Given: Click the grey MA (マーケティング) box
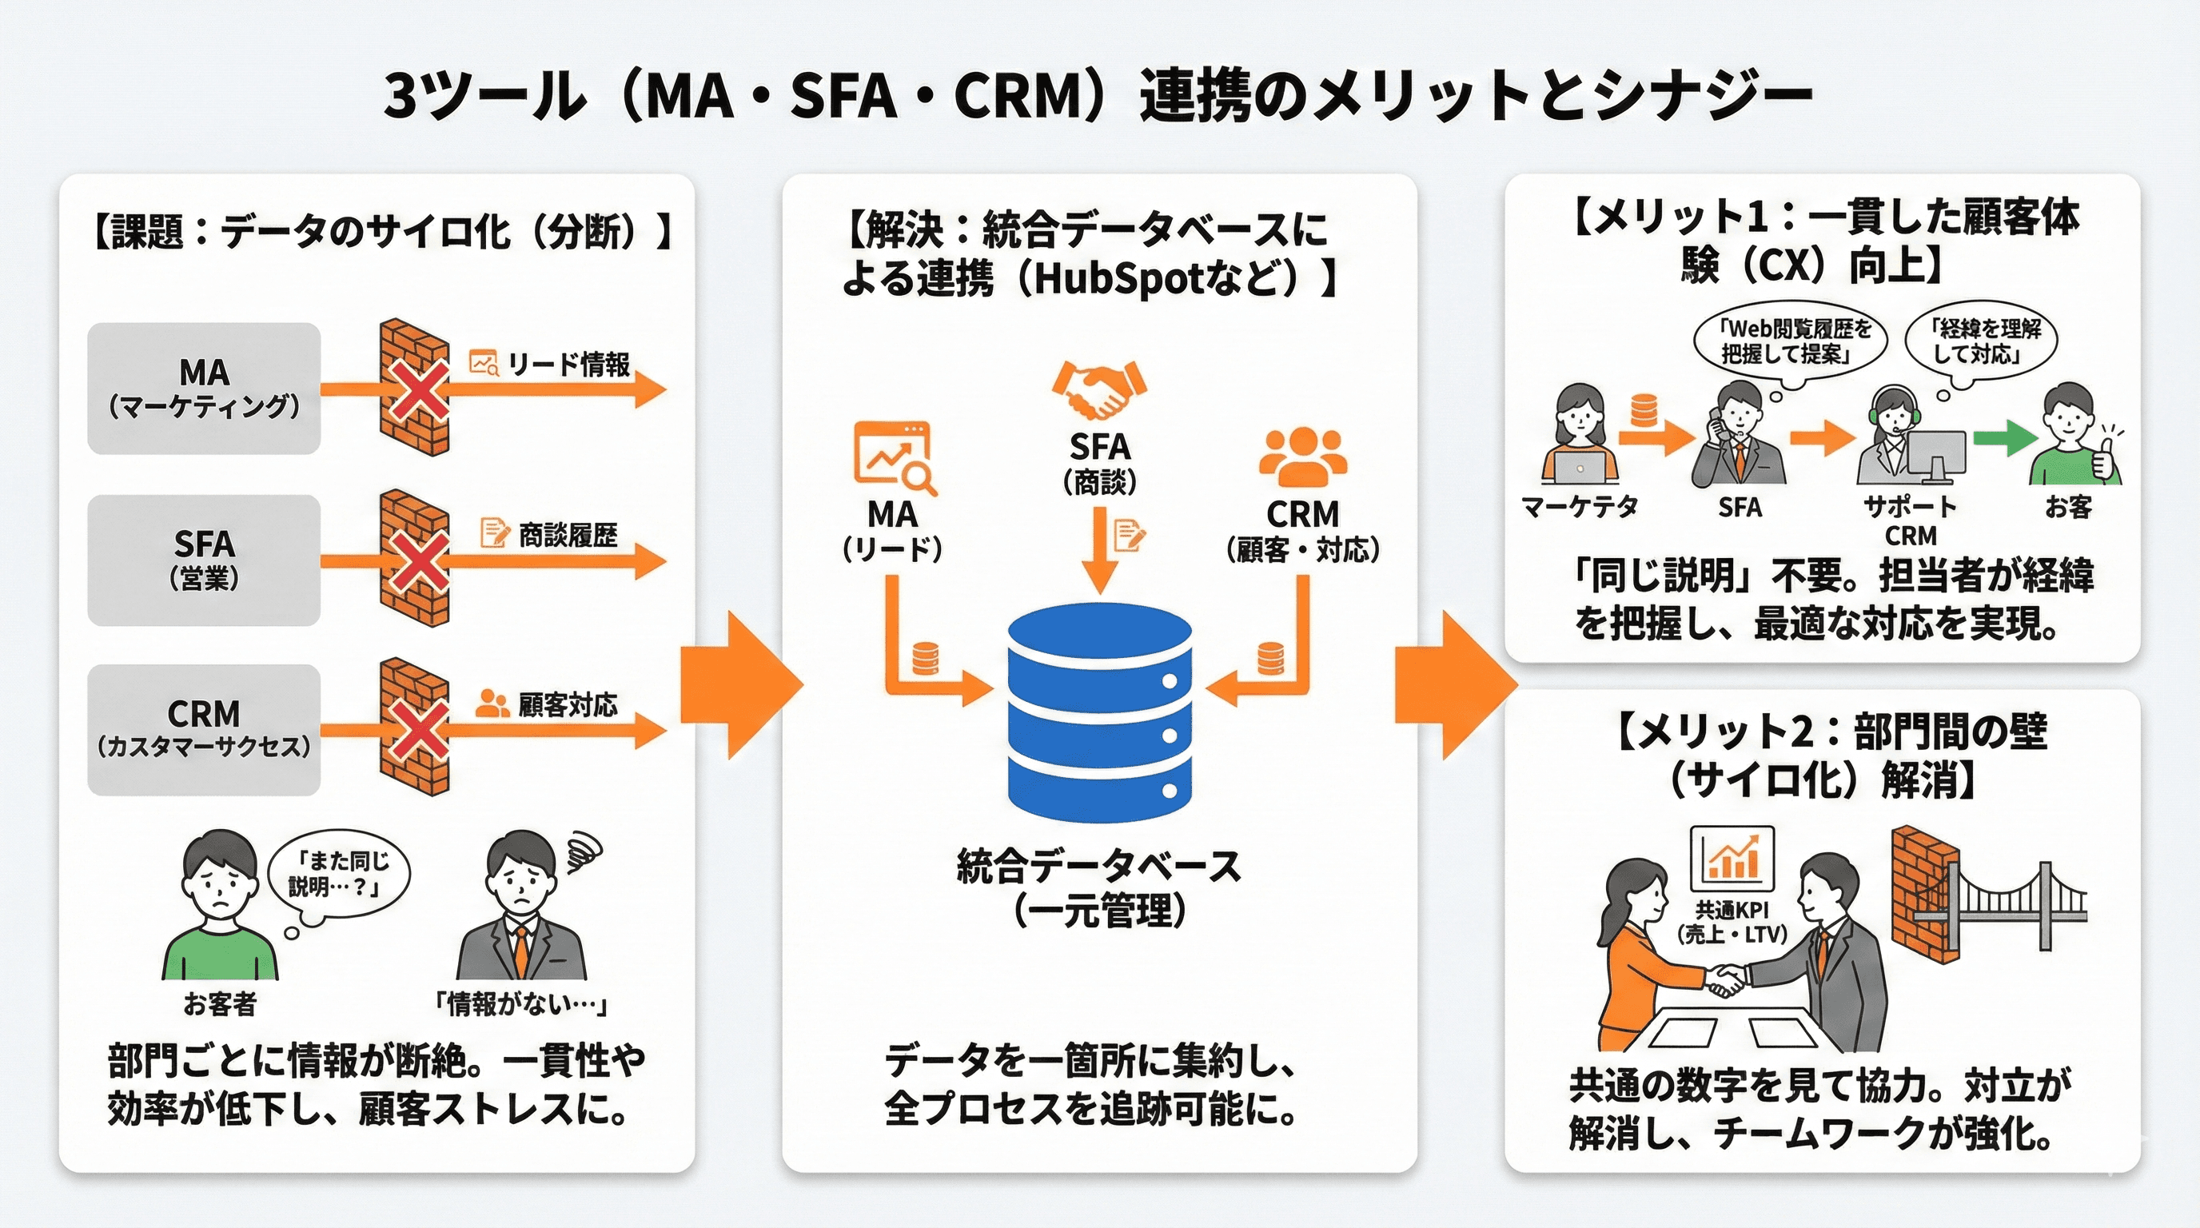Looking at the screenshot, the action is [x=204, y=389].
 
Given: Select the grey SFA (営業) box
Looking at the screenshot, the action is [x=204, y=560].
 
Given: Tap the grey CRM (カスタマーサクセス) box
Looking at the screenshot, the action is [x=204, y=730].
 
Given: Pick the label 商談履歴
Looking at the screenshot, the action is [x=568, y=536].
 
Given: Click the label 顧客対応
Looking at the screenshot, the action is [x=568, y=705].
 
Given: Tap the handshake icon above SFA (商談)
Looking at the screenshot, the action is [x=1100, y=389].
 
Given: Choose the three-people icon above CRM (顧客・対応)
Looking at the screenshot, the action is [x=1302, y=457].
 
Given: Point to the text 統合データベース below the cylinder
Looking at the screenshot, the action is [x=1099, y=867].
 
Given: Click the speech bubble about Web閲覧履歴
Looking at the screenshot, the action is [x=1790, y=341].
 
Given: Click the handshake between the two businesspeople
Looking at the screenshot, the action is [x=1725, y=981].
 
